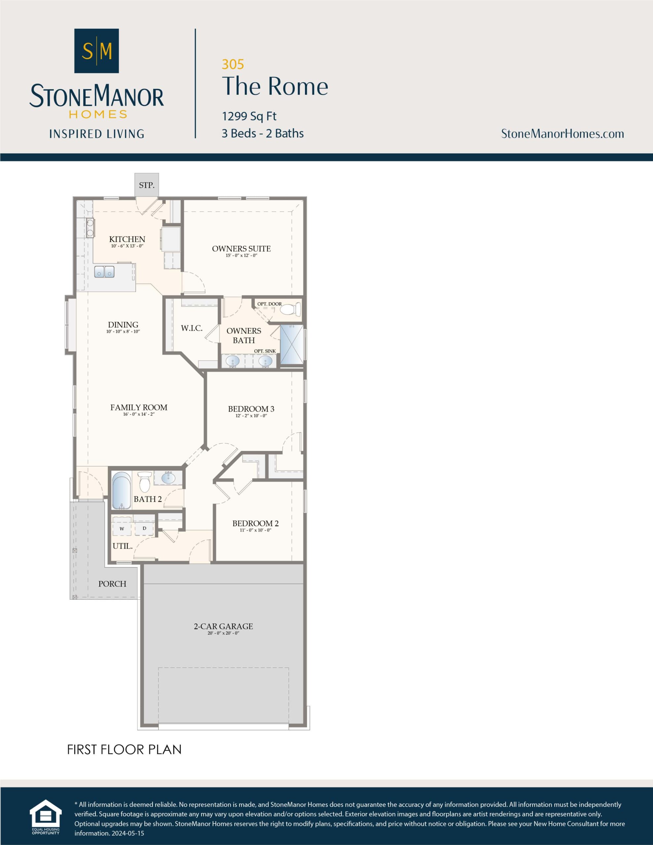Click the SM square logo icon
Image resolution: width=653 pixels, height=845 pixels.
[96, 51]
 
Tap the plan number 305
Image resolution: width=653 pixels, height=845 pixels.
[233, 64]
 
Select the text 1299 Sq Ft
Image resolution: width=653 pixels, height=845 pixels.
[249, 116]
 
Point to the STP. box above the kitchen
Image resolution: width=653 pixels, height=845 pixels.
[146, 185]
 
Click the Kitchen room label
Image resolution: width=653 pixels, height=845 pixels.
[127, 239]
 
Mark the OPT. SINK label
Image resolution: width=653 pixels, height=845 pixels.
[265, 351]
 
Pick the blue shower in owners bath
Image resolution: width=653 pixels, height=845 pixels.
[292, 344]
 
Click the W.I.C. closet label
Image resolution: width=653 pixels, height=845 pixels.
[191, 328]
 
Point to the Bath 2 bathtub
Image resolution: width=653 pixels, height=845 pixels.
[121, 490]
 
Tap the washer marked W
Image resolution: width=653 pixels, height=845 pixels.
[122, 528]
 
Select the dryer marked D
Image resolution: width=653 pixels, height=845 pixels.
[144, 528]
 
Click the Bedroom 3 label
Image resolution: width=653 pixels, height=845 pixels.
[251, 409]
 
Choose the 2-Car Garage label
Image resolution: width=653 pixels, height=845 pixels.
[223, 626]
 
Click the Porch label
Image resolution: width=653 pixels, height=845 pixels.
[112, 584]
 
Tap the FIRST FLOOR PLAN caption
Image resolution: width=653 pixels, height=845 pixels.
[124, 749]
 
